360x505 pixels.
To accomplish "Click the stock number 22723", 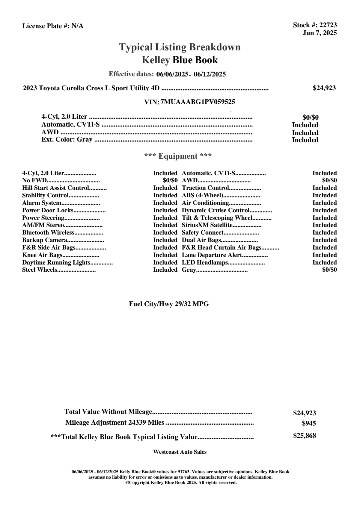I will pyautogui.click(x=328, y=25).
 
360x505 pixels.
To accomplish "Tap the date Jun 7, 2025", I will pyautogui.click(x=320, y=33).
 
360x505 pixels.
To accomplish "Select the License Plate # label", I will pyautogui.click(x=46, y=26).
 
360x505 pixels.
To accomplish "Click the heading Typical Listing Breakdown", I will pyautogui.click(x=180, y=47).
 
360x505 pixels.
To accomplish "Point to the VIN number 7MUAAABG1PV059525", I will pyautogui.click(x=198, y=102).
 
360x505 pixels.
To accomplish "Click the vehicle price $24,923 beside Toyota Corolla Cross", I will pyautogui.click(x=324, y=88).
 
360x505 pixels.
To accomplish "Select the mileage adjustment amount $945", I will pyautogui.click(x=309, y=423).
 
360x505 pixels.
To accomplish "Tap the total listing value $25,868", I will pyautogui.click(x=304, y=436).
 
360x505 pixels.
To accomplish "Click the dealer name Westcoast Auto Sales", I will pyautogui.click(x=180, y=452).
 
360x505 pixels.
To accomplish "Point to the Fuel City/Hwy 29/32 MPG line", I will pyautogui.click(x=169, y=304).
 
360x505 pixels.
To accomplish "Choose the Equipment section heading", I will pyautogui.click(x=178, y=156).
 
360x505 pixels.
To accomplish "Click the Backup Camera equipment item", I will pyautogui.click(x=45, y=240).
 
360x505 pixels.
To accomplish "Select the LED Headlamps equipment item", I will pyautogui.click(x=205, y=263).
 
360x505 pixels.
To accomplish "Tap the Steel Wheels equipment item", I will pyautogui.click(x=39, y=270).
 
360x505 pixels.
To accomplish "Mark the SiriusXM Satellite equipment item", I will pyautogui.click(x=207, y=225).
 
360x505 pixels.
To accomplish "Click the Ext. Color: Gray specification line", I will pyautogui.click(x=67, y=139).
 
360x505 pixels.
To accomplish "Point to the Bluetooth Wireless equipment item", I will pyautogui.click(x=48, y=233).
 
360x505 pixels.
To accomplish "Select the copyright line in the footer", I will pyautogui.click(x=181, y=483).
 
